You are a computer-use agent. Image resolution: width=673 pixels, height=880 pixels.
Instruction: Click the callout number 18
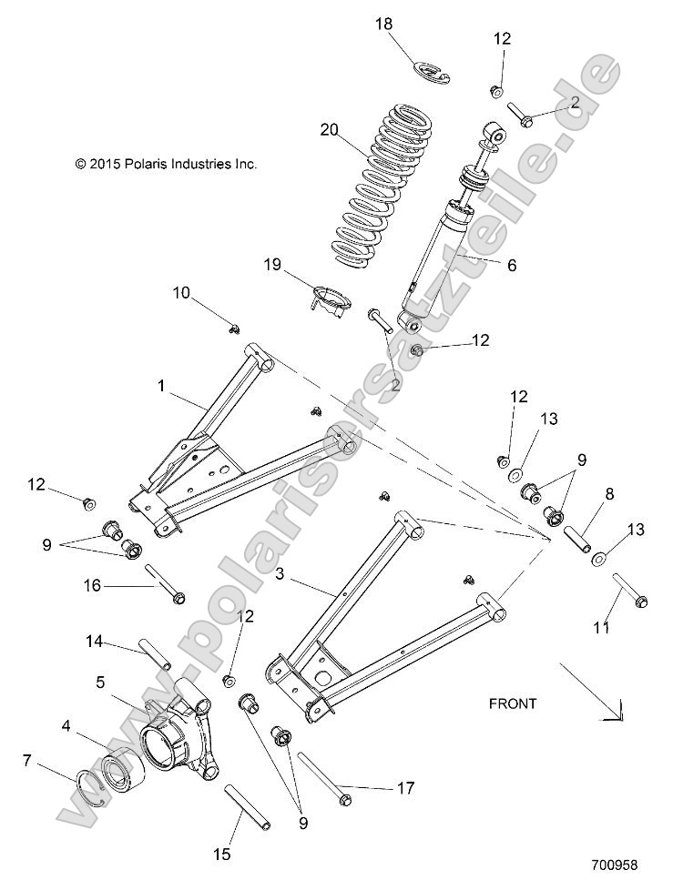pos(384,24)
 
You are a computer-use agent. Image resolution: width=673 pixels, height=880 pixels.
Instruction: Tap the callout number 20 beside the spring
pos(329,129)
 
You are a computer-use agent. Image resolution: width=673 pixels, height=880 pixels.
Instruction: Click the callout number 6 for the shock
pos(511,265)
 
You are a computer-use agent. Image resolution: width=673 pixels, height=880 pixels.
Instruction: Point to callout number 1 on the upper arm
pos(161,387)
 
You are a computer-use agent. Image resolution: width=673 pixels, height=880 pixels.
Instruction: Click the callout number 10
pos(181,292)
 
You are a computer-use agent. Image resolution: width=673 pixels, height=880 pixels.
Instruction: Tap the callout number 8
pos(609,494)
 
